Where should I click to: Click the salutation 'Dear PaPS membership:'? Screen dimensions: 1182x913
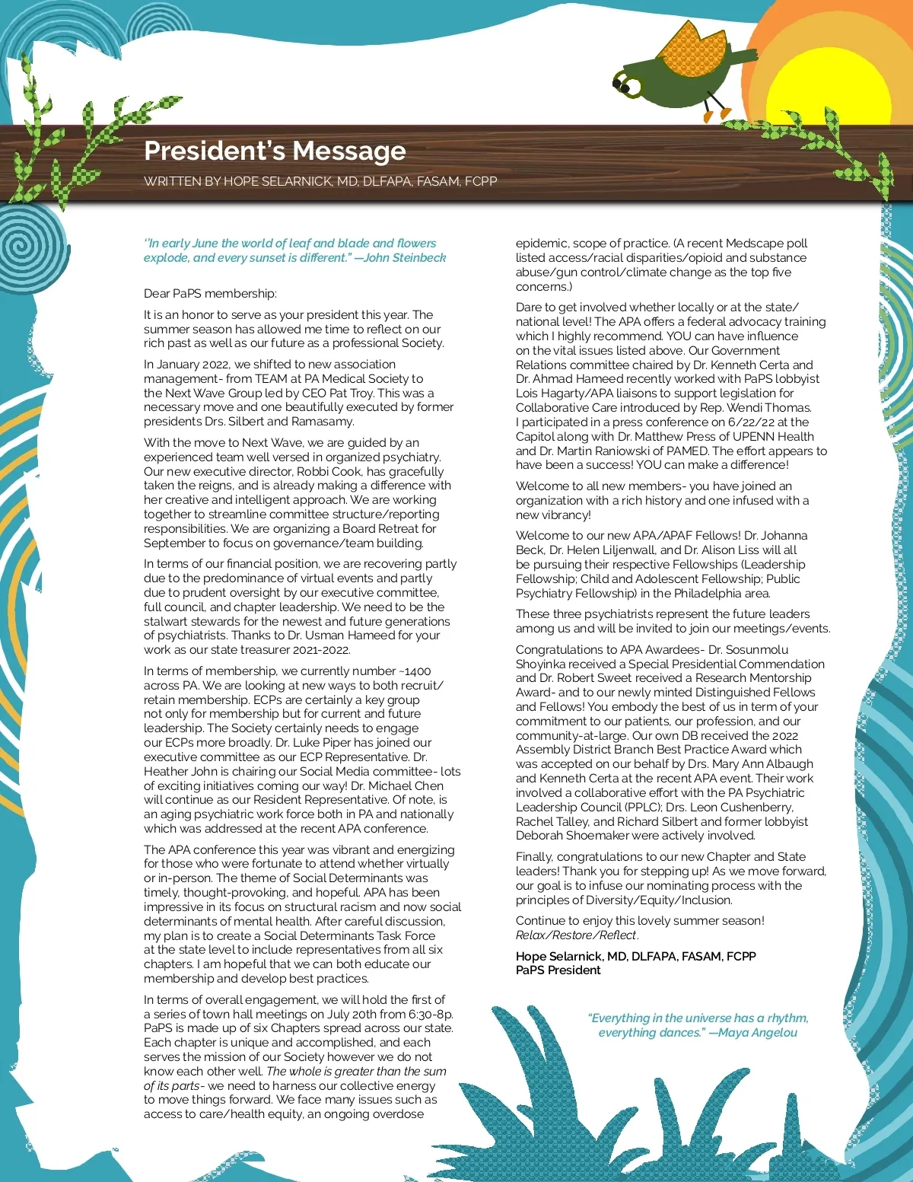(210, 293)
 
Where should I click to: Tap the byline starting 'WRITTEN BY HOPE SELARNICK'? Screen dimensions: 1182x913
(320, 181)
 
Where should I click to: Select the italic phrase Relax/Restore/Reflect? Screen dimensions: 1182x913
(576, 935)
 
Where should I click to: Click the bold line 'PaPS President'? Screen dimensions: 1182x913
(558, 970)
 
